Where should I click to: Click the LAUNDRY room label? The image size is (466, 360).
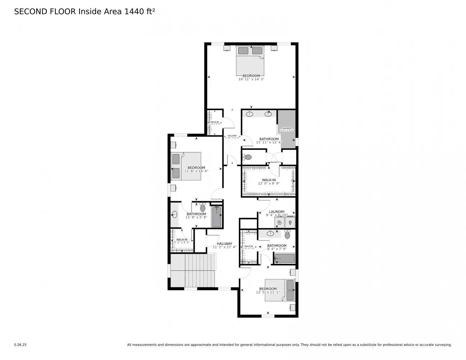pos(277,212)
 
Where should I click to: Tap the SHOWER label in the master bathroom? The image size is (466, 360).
pos(286,129)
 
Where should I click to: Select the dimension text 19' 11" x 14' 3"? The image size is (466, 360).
pos(251,79)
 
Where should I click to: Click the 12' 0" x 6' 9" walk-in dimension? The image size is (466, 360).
pos(268,183)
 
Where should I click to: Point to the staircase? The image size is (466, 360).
pos(192,270)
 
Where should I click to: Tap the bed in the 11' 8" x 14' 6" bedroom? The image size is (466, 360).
pos(186,166)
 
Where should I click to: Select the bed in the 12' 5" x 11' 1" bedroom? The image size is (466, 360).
pos(280,290)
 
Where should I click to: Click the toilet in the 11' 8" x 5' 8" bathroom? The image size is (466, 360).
pos(202,208)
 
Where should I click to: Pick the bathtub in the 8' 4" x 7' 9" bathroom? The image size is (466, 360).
pos(285,258)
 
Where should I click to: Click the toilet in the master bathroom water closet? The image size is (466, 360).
pos(248,157)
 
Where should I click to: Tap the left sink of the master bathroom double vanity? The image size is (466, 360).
pos(249,114)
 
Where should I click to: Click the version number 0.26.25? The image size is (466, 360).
pos(20,345)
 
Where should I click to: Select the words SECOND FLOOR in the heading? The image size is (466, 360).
pos(45,12)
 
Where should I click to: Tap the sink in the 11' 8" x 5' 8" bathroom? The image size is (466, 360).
pos(174,215)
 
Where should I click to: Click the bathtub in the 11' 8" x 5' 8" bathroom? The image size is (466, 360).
pos(216,217)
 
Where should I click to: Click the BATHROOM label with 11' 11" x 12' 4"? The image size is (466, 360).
pos(269,139)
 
